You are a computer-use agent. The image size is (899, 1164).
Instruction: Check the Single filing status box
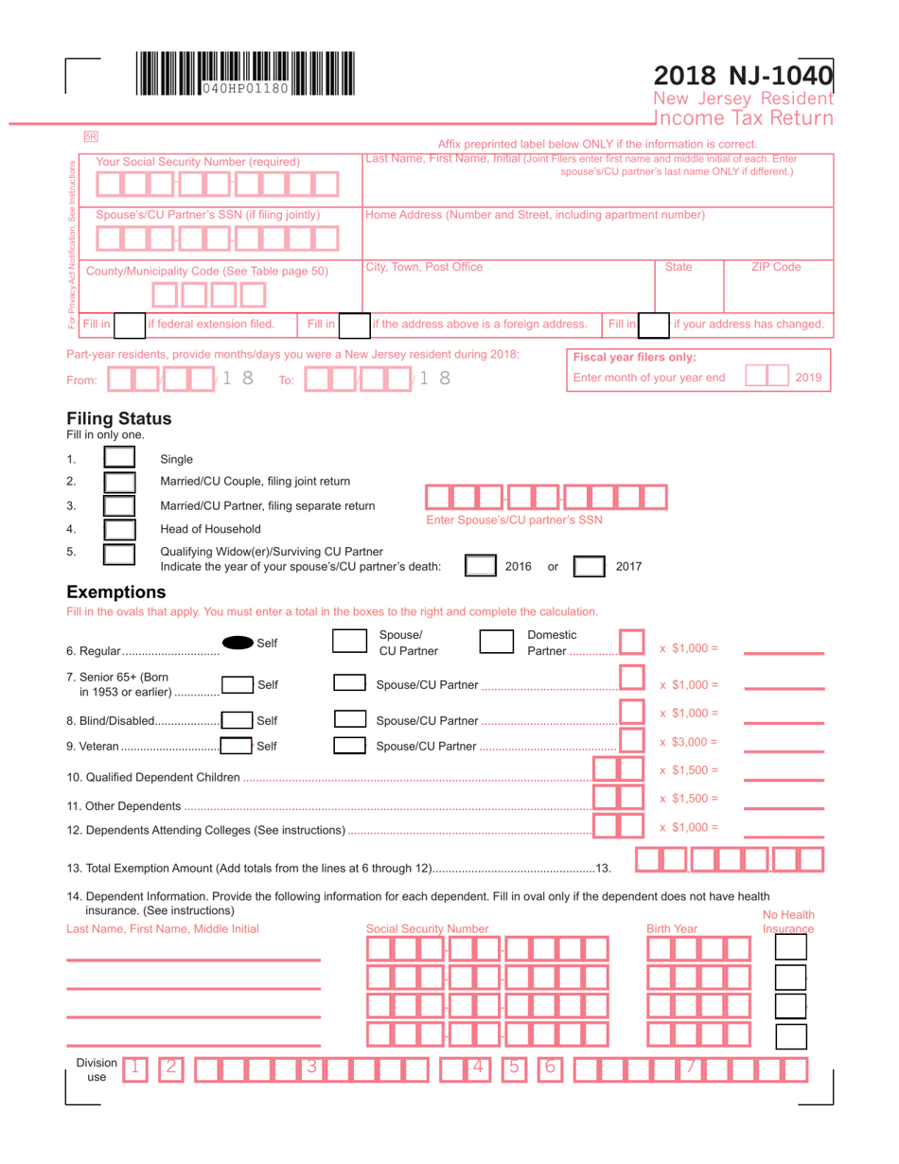click(119, 460)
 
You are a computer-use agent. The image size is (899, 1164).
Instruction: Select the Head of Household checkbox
click(119, 528)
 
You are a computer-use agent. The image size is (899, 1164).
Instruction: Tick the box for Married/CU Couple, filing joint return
click(119, 483)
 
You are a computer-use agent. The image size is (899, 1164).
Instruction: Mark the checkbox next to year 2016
click(481, 567)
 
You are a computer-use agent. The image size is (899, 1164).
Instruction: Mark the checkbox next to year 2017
click(591, 567)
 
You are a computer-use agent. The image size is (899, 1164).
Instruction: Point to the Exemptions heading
click(116, 592)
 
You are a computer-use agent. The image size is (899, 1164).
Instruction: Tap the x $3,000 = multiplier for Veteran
click(689, 742)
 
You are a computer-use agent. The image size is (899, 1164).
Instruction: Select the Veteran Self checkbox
click(237, 747)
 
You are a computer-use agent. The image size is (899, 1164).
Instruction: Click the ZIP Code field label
click(776, 268)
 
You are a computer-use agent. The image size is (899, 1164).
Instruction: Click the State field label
click(679, 268)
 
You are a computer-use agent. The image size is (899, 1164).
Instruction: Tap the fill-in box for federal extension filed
click(130, 326)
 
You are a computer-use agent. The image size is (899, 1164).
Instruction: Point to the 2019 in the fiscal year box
click(808, 378)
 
